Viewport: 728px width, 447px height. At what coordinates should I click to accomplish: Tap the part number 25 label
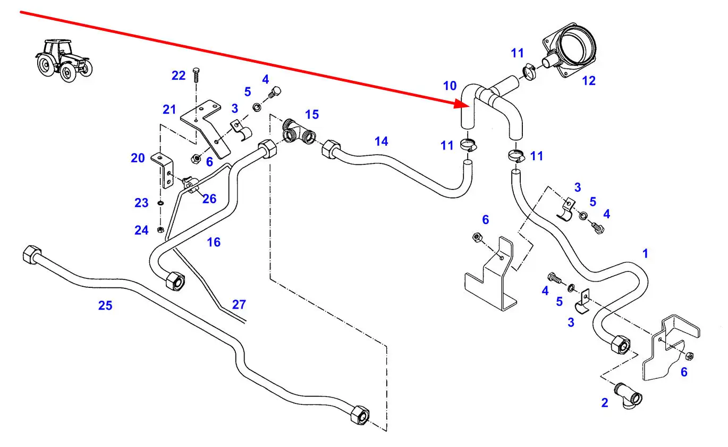pyautogui.click(x=105, y=305)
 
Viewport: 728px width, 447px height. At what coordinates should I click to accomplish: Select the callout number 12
pyautogui.click(x=589, y=81)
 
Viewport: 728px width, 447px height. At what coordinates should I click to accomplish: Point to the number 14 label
pyautogui.click(x=381, y=142)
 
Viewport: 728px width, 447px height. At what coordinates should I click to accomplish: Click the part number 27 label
pyautogui.click(x=239, y=304)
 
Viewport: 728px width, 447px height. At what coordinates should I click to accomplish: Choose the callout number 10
pyautogui.click(x=450, y=86)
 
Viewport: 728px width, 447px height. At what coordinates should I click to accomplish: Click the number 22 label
pyautogui.click(x=179, y=76)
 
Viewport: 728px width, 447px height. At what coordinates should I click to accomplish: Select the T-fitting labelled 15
pyautogui.click(x=298, y=133)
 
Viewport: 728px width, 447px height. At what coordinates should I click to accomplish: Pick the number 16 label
pyautogui.click(x=213, y=243)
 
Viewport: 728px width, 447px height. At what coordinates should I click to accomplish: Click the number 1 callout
pyautogui.click(x=645, y=253)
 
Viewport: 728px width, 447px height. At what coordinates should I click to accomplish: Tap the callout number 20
pyautogui.click(x=138, y=158)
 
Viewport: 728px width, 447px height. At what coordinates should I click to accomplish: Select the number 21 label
pyautogui.click(x=169, y=110)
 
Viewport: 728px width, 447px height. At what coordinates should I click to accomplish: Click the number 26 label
pyautogui.click(x=209, y=198)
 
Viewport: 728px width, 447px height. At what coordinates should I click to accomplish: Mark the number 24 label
pyautogui.click(x=141, y=230)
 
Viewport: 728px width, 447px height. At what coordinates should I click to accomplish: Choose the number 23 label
pyautogui.click(x=141, y=203)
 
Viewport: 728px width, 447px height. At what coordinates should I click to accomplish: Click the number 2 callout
pyautogui.click(x=605, y=403)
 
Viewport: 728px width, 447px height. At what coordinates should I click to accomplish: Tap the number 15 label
pyautogui.click(x=312, y=114)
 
